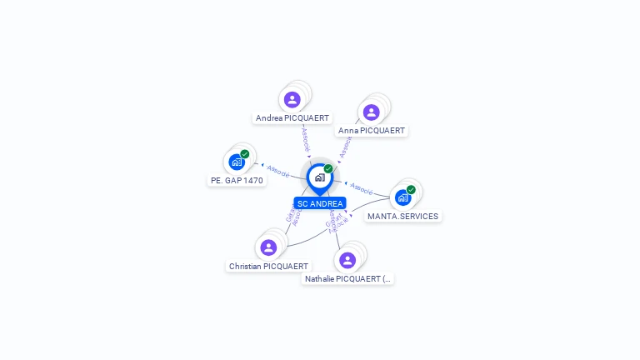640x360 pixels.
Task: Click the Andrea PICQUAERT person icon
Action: [292, 100]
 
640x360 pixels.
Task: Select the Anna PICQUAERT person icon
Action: [372, 112]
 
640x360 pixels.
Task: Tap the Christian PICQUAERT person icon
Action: [268, 247]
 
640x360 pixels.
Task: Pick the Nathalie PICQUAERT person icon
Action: [348, 260]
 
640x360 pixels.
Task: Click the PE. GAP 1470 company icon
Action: [237, 162]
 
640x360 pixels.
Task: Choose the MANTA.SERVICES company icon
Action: [403, 197]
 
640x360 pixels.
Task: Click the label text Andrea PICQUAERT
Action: [292, 118]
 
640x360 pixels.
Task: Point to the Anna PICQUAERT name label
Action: [372, 131]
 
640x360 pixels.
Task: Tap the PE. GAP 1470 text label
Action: [237, 180]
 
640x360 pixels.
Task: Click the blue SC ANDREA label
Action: [320, 203]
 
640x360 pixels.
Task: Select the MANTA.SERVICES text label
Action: [403, 217]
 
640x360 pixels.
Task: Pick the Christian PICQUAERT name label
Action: [268, 267]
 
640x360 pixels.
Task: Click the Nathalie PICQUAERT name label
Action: [348, 279]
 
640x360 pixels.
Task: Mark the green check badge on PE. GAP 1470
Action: [245, 154]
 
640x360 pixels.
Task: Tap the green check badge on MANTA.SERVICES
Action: [411, 190]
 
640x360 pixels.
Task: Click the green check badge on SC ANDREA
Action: [328, 169]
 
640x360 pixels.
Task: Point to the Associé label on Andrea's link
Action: [305, 138]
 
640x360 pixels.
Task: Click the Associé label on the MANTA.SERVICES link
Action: [361, 188]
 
